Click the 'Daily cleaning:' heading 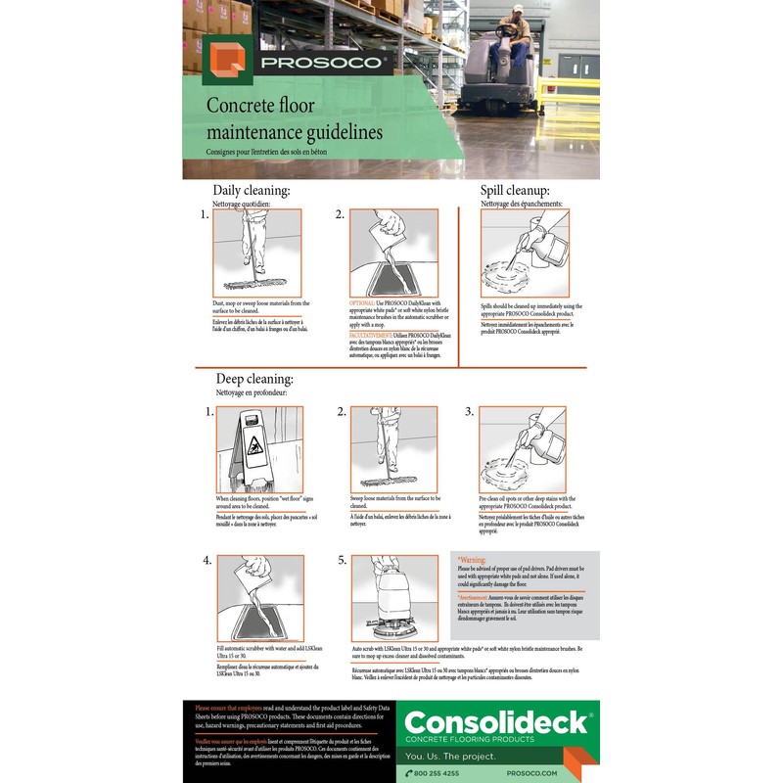252,190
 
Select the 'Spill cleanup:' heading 514,190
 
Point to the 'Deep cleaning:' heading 254,379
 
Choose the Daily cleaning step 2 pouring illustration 392,253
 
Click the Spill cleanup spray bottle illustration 524,253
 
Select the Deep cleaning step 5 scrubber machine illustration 393,597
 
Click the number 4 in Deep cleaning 207,561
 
